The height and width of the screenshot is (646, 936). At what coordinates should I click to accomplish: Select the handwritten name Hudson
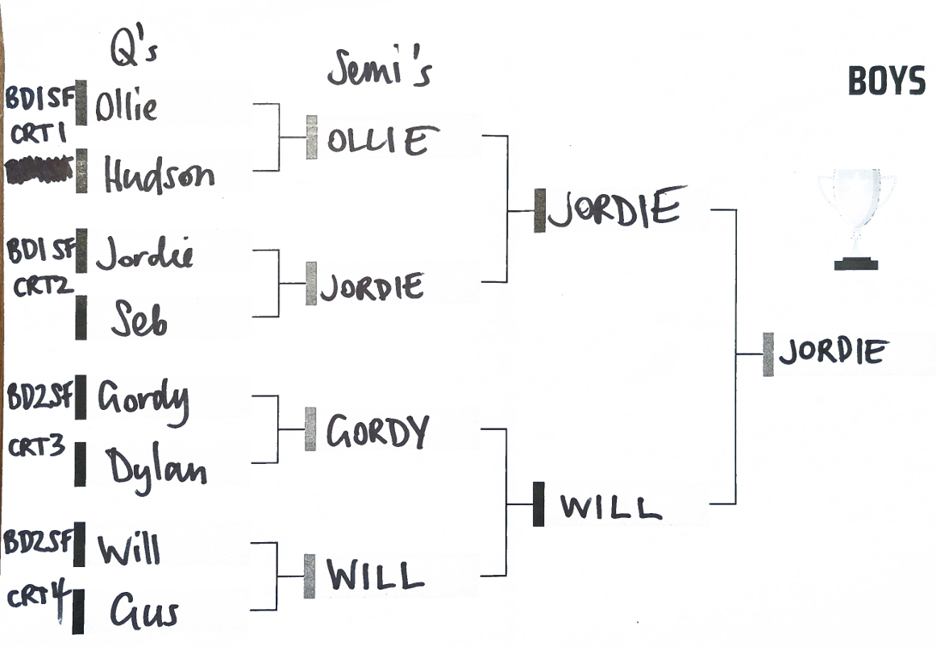click(x=159, y=175)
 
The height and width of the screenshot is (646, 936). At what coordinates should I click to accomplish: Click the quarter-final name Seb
click(x=140, y=321)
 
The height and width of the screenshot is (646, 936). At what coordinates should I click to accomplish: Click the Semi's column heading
click(x=379, y=70)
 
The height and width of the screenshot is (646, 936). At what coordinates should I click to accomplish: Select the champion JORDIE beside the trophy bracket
click(x=833, y=353)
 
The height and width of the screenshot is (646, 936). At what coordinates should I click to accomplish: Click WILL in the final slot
click(x=610, y=507)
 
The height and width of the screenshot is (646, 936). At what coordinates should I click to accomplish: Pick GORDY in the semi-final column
click(x=376, y=433)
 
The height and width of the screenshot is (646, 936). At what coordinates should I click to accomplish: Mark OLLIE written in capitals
click(x=377, y=142)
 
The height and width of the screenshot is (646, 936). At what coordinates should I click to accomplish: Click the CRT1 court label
click(x=38, y=136)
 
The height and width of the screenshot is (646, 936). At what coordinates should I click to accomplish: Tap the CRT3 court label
click(x=37, y=448)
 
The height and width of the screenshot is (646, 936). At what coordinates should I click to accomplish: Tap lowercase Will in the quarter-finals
click(x=128, y=549)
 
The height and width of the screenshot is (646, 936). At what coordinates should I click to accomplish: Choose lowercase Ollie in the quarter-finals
click(x=127, y=106)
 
